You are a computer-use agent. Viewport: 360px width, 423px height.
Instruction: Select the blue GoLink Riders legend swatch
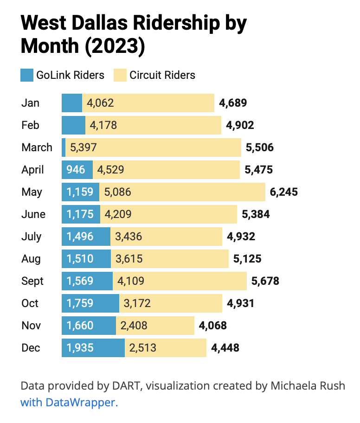coord(27,75)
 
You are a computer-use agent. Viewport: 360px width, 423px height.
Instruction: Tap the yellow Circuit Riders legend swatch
coord(120,75)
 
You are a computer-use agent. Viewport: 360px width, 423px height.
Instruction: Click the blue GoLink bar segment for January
coord(72,103)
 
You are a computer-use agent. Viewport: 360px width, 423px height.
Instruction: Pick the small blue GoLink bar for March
coord(64,147)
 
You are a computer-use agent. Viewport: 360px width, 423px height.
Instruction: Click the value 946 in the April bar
coord(76,170)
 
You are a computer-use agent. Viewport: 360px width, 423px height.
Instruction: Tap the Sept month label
coord(32,281)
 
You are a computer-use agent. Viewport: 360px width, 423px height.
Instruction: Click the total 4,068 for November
coord(212,326)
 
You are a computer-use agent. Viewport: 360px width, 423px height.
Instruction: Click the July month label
coord(31,237)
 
